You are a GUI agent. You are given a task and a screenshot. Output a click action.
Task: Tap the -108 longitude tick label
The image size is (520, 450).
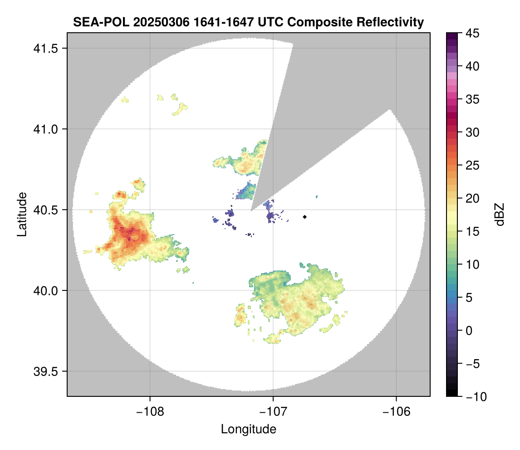tap(149, 411)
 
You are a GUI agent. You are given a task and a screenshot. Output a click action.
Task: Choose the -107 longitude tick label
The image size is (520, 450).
tap(273, 411)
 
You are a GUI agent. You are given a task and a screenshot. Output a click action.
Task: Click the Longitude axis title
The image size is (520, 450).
tap(248, 429)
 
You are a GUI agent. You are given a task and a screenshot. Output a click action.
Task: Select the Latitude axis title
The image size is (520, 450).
tap(22, 214)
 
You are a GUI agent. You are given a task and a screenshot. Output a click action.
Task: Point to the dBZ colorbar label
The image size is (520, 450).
tap(500, 215)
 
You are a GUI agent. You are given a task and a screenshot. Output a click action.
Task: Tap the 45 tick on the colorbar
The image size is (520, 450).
tap(472, 33)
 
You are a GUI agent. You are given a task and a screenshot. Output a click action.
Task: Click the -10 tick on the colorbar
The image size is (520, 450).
tap(474, 397)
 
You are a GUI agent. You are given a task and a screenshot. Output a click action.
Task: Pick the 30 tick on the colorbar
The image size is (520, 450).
tap(472, 132)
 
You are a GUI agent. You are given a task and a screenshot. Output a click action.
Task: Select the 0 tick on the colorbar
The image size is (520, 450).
tap(469, 330)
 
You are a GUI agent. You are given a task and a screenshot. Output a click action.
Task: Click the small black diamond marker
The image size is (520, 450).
tap(305, 217)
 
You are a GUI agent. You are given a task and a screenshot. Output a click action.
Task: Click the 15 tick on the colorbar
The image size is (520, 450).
tap(472, 231)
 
